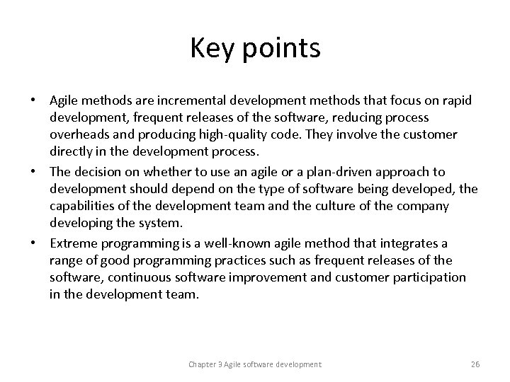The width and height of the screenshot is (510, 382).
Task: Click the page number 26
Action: point(475,364)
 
